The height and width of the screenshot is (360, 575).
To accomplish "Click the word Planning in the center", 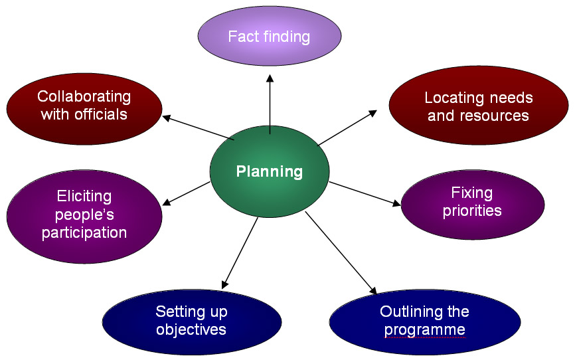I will click(270, 172).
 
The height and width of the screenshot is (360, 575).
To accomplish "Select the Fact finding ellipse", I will click(270, 36).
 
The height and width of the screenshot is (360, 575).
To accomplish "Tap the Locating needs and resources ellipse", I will click(478, 106).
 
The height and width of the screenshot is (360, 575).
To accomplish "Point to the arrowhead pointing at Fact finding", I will click(270, 78).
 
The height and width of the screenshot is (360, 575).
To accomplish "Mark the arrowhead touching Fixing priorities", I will click(396, 205).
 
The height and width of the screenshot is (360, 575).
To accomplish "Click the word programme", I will click(424, 329).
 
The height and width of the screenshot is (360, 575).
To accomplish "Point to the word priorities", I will click(472, 211).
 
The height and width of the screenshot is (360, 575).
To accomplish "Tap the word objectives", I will click(191, 329).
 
